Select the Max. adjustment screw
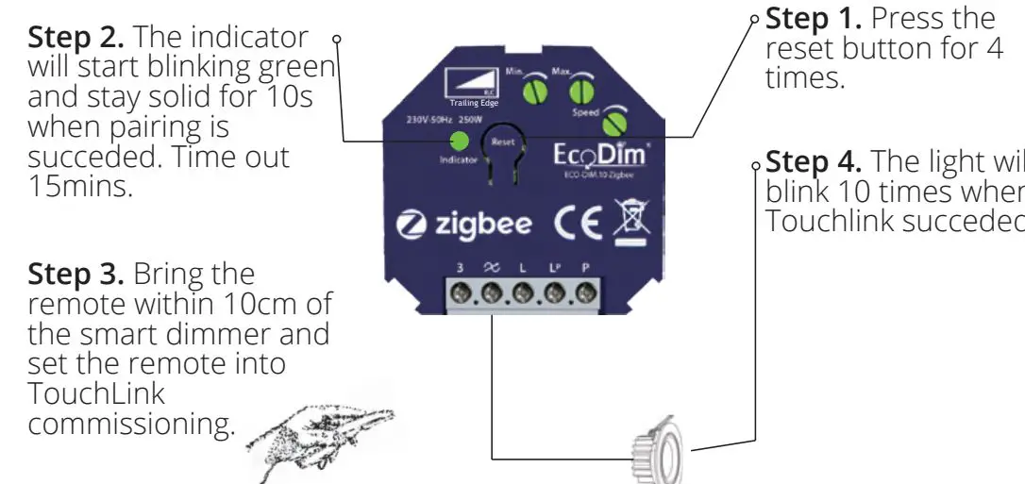(x=579, y=92)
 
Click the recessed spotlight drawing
(x=654, y=452)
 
